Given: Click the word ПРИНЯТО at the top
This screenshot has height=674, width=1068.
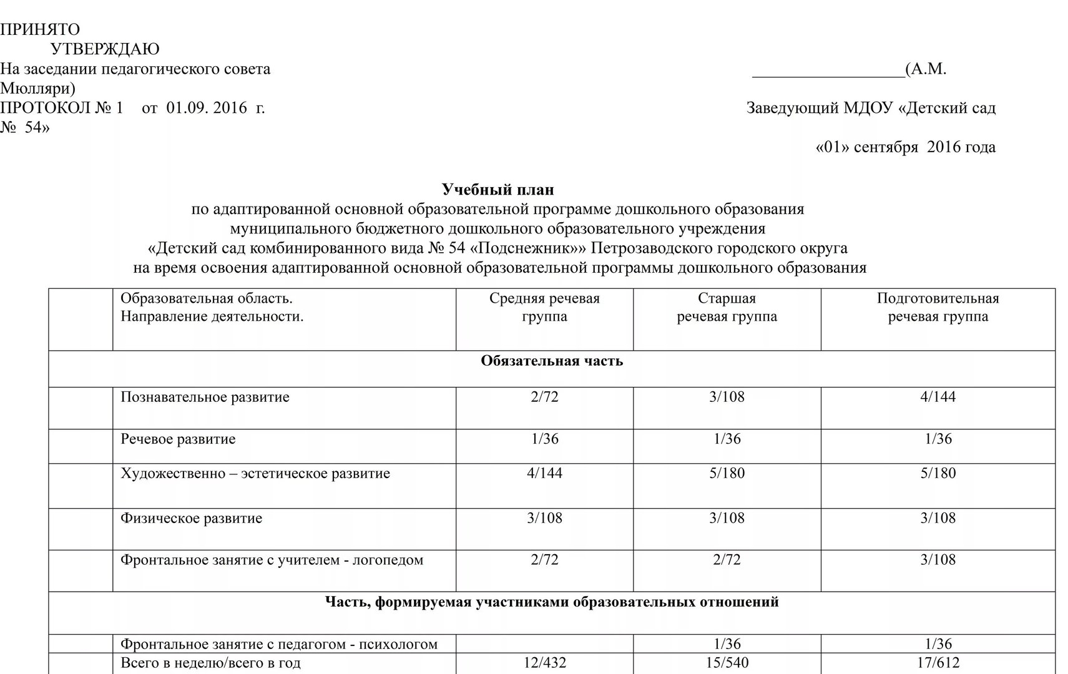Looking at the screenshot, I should point(40,29).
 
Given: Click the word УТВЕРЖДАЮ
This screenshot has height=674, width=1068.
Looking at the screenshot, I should point(104,49).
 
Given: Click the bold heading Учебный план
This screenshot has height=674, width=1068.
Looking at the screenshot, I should point(497,189).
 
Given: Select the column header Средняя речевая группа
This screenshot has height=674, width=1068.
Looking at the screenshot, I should point(544,307).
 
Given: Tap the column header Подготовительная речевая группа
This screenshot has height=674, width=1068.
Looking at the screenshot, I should point(938,307).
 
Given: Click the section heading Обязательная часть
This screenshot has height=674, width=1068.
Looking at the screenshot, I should point(552,361).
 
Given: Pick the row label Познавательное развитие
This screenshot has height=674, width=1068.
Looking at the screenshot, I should point(205,398).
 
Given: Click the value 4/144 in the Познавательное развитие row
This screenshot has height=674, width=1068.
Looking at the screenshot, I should point(938,397).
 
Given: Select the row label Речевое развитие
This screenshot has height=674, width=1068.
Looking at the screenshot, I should point(178,439).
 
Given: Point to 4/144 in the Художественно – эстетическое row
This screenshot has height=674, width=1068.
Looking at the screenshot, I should point(544,474).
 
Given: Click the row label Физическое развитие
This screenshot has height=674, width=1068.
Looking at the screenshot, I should point(191,519).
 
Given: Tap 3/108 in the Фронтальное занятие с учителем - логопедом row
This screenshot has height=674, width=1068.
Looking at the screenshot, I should point(938,560).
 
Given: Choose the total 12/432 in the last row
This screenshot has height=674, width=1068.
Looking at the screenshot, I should point(544,663).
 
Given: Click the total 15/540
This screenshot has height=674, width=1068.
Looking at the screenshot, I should point(727,663).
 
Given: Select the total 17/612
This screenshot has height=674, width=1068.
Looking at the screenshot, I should point(938,663).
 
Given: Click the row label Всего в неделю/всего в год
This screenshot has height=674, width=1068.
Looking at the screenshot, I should point(210,663).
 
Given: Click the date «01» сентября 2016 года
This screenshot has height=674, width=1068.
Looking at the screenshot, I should point(905,147).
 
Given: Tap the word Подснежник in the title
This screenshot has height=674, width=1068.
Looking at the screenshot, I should point(527,248).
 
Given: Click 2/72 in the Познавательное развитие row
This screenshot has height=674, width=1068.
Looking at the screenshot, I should point(544,397).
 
